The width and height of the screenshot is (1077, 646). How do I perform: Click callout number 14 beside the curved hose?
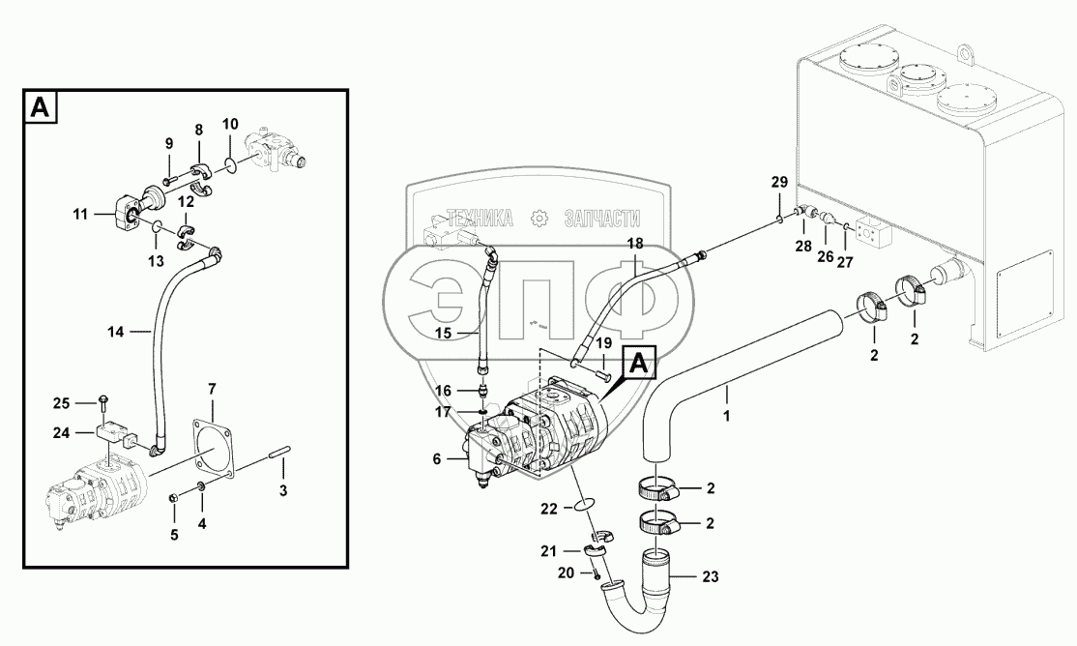click(x=116, y=332)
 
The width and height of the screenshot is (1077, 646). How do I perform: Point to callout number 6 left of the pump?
click(x=437, y=459)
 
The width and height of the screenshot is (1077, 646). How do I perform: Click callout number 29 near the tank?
click(x=779, y=182)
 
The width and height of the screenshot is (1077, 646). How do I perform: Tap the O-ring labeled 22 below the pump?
click(x=583, y=504)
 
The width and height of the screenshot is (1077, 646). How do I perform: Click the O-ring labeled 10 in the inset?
click(x=231, y=165)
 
